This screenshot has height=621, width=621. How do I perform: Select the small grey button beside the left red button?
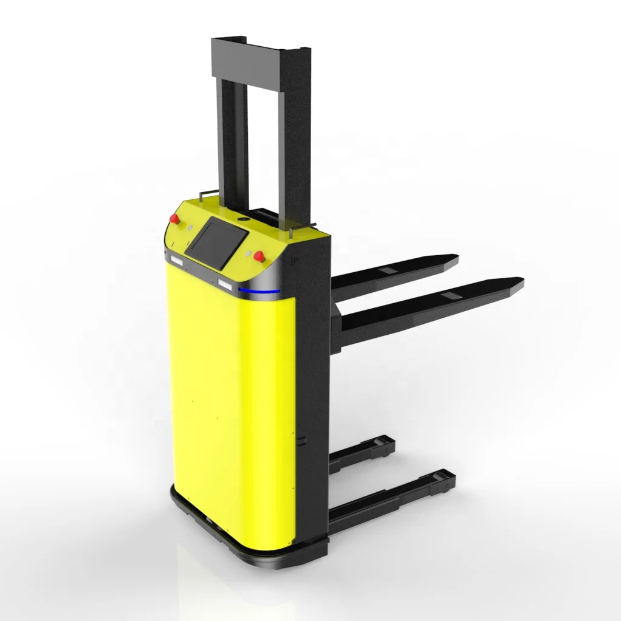click(190, 225)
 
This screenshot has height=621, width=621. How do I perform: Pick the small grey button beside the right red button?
click(249, 251)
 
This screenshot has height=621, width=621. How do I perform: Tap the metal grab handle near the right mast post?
click(298, 229)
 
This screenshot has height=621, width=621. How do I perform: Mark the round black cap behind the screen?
click(245, 216)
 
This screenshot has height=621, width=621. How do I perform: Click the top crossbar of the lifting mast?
click(261, 58)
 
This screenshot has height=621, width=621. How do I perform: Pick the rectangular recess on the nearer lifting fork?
click(451, 296)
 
